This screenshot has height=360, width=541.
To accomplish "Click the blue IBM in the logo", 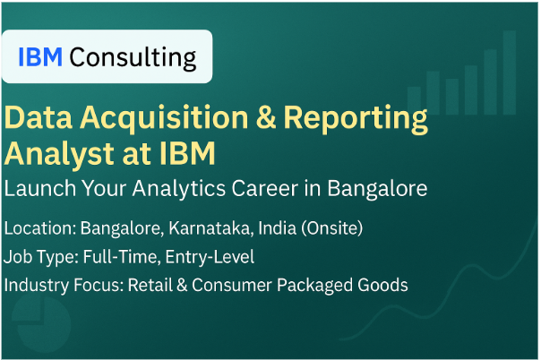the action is pos(40,56).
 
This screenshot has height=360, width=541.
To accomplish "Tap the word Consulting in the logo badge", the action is pos(133,57).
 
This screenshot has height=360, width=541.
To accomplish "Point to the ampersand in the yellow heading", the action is pos(266,117).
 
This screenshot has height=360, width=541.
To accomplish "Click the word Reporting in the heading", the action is pos(356,119).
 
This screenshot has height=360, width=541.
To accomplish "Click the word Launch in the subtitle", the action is pos(40,188).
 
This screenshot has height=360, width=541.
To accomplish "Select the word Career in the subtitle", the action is pos(265,188).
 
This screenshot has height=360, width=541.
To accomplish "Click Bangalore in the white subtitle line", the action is pos(377,189).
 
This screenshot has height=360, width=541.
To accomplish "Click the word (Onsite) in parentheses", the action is pos(332,228).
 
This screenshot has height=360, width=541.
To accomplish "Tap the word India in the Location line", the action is pos(277,228).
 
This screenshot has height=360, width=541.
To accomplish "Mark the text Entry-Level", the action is pos(210,257).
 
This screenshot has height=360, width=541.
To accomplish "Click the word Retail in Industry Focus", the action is pos(150,285).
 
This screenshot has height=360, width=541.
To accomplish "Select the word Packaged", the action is pos(314,287).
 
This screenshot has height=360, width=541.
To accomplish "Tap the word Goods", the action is pos(382,285).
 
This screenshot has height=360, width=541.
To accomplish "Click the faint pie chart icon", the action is pos(40,324).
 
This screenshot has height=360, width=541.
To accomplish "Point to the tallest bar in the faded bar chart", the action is pos(510,73).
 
